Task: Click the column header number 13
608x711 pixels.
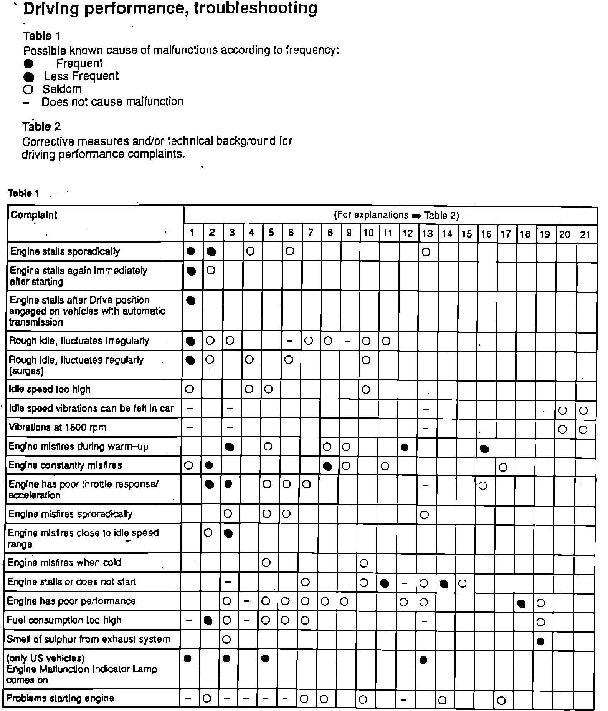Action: tap(427, 233)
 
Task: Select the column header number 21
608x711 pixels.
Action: tap(585, 234)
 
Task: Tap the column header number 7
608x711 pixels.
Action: tap(310, 233)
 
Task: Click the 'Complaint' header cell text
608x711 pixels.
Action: tap(34, 215)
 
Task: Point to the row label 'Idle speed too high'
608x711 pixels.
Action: tap(50, 389)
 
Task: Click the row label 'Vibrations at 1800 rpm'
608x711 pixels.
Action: tap(57, 427)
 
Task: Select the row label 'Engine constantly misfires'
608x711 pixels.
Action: tap(65, 465)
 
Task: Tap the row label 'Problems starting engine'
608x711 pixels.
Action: tap(60, 698)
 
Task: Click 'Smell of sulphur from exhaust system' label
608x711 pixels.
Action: tap(88, 640)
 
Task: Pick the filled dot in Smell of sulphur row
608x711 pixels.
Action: tap(540, 641)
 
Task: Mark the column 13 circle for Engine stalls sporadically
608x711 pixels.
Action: tap(426, 252)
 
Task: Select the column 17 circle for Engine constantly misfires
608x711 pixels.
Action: tap(503, 467)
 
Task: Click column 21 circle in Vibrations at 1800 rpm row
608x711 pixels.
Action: tap(583, 430)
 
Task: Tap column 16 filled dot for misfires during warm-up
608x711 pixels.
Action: tap(484, 449)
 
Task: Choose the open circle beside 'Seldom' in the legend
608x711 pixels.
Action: tap(28, 90)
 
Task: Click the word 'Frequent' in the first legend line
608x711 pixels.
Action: tap(79, 63)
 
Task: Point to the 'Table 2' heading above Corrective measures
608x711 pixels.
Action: tap(41, 126)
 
